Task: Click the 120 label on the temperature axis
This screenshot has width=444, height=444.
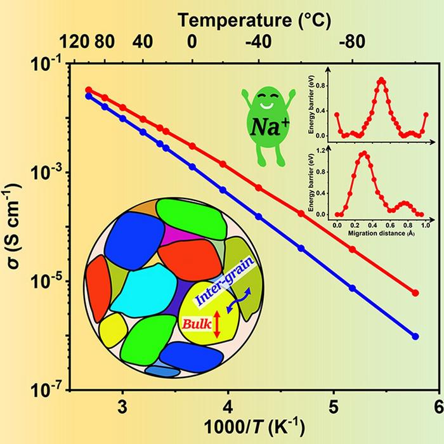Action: tap(87, 45)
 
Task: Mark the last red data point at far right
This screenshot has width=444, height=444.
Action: tap(416, 293)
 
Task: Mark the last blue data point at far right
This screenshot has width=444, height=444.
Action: tap(416, 336)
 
